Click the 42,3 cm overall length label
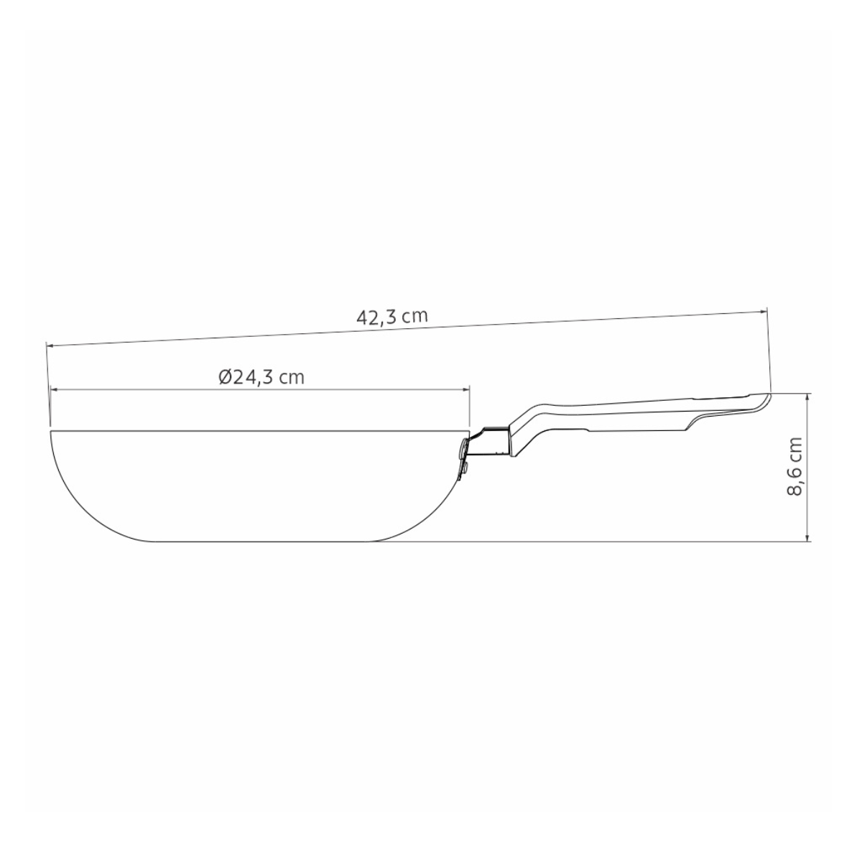[x=392, y=317]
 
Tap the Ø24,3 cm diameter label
[x=261, y=377]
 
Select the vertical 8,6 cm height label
[x=794, y=467]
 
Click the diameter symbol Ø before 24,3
[x=225, y=377]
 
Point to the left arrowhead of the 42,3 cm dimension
[x=50, y=346]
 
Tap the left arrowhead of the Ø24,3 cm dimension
[x=54, y=389]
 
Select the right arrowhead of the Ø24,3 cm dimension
[x=465, y=389]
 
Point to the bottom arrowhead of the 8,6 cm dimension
[x=807, y=538]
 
